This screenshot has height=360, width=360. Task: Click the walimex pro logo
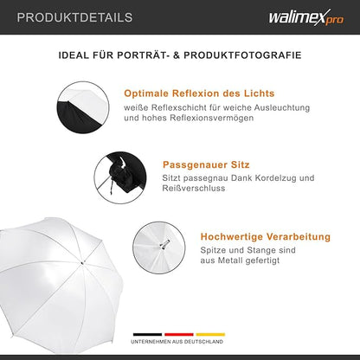(307, 17)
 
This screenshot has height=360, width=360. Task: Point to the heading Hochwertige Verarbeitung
(265, 235)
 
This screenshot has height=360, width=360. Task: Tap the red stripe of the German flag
(179, 333)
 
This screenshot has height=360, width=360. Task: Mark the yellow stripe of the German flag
(210, 333)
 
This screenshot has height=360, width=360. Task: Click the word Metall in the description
(234, 262)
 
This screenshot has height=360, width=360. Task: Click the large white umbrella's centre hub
(82, 259)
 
